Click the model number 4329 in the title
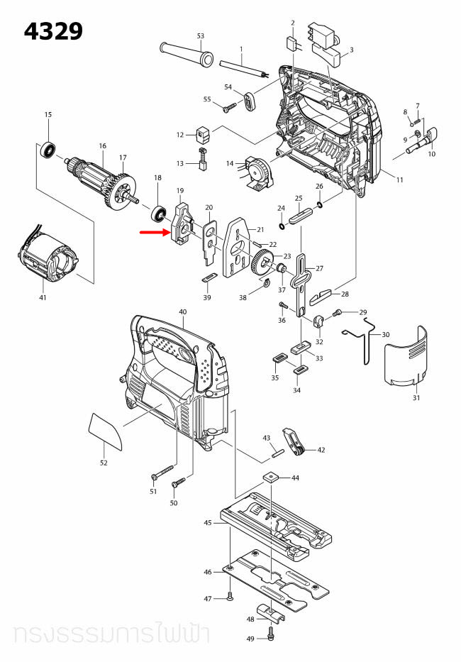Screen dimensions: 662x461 54,31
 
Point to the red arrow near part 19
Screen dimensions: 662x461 152,232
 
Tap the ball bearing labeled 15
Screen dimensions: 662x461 48,150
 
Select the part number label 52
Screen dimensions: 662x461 104,463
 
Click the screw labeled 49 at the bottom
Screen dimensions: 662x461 272,629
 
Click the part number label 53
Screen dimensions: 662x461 201,35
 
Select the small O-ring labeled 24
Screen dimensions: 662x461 282,227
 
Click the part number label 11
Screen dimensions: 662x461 399,180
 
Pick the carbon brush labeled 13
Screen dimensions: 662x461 201,165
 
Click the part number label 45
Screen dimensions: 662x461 208,523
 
